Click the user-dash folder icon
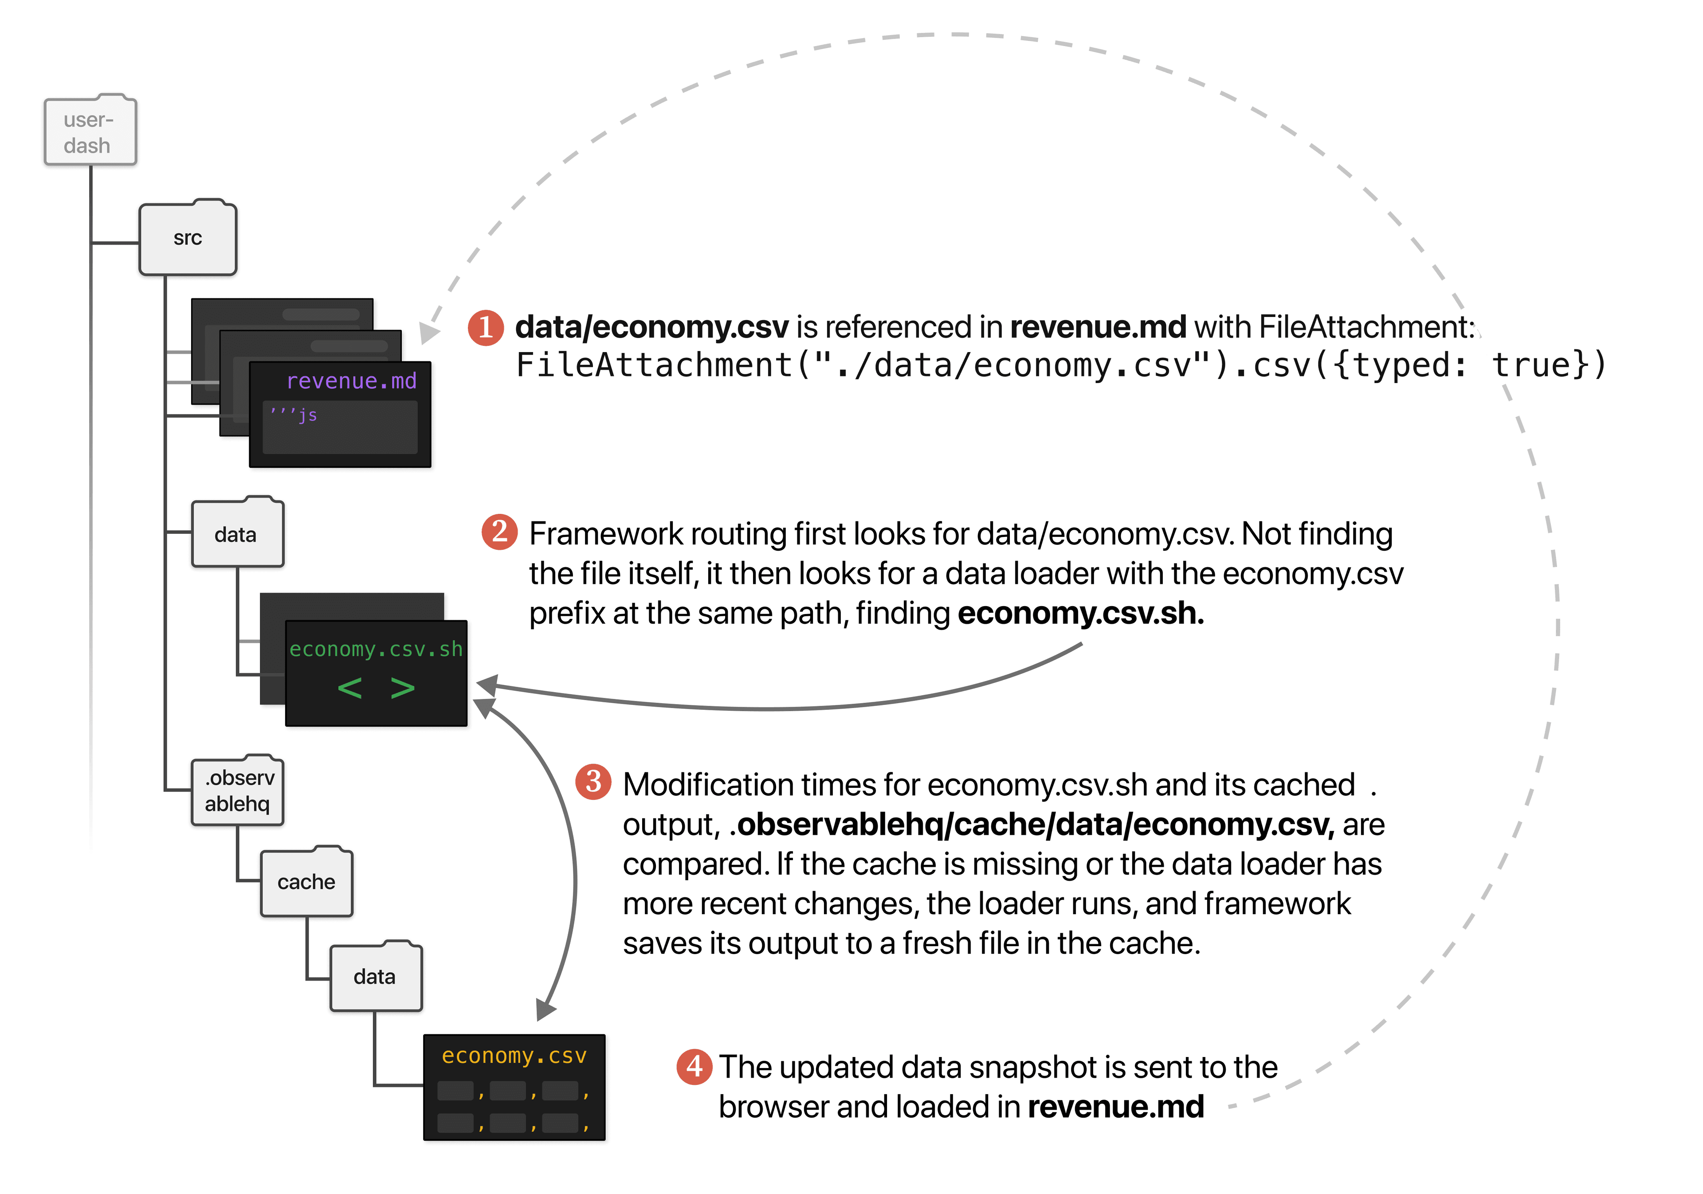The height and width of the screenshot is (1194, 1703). pos(90,131)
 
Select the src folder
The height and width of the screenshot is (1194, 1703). pos(188,238)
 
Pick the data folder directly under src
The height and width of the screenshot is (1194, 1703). pos(237,534)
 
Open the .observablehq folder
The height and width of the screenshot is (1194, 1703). pos(237,791)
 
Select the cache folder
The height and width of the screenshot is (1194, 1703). pos(306,882)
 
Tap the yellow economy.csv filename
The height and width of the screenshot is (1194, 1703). pos(514,1055)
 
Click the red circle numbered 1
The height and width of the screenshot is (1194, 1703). pos(486,327)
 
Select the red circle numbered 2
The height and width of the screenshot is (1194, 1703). pos(500,532)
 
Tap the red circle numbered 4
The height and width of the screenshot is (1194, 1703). pos(694,1066)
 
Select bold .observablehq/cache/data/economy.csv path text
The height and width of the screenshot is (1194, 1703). pos(1032,825)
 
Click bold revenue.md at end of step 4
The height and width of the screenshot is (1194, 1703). pos(1115,1107)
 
